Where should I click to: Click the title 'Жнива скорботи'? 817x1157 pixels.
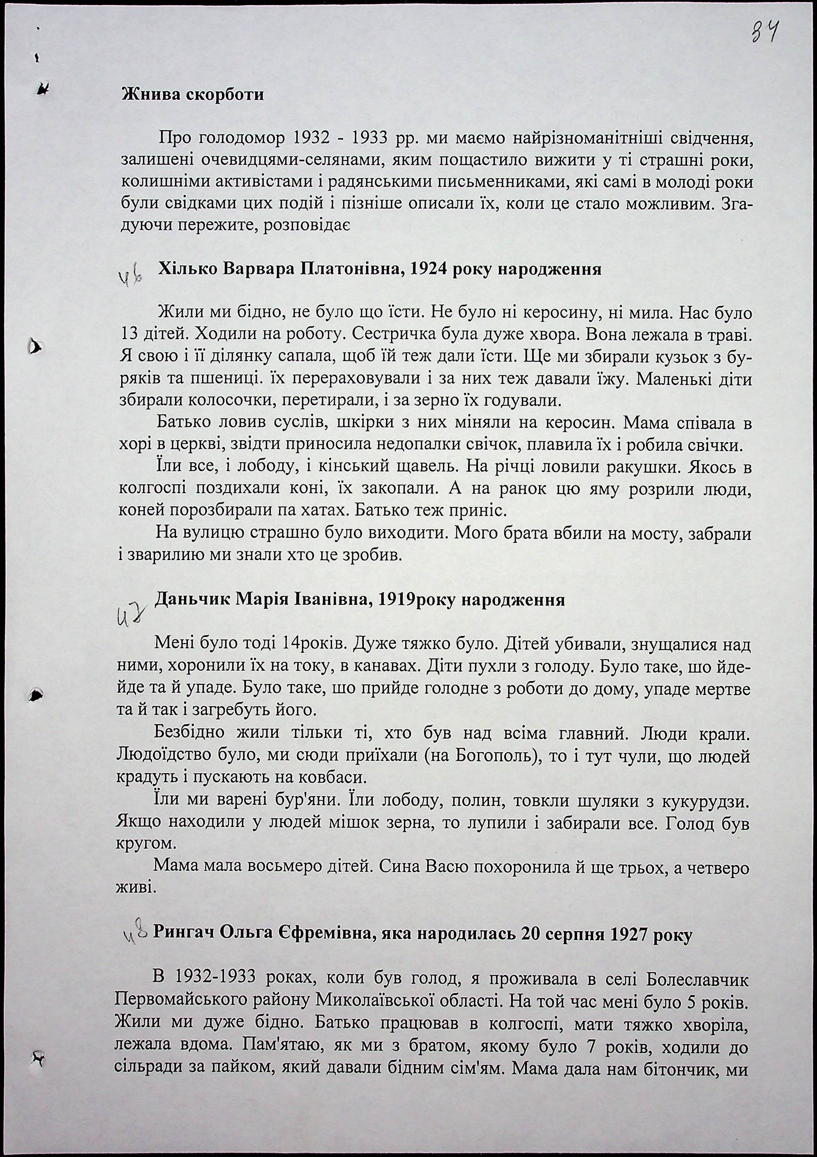click(x=193, y=95)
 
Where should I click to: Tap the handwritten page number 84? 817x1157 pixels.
click(x=764, y=36)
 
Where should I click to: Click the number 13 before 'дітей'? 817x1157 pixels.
click(x=130, y=334)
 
